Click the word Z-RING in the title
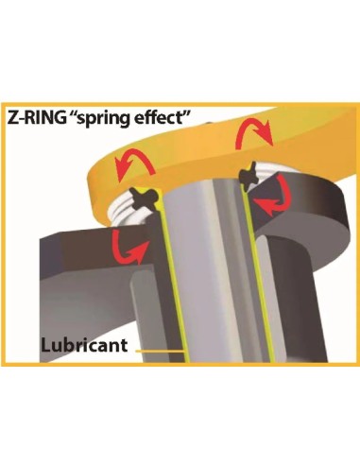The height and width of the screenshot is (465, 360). coord(37,118)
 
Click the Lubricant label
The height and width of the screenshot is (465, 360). coord(84,345)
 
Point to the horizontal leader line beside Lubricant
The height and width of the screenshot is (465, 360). coord(160,351)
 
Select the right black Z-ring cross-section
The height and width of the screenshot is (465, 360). coord(249,177)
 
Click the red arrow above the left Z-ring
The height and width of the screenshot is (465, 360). coord(134,165)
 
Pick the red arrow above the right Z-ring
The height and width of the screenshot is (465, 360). coord(253,134)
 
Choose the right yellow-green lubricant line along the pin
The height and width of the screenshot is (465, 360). coord(256,274)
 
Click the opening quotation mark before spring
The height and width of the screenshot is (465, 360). coord(74,114)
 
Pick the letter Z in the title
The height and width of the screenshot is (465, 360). coord(12,118)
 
